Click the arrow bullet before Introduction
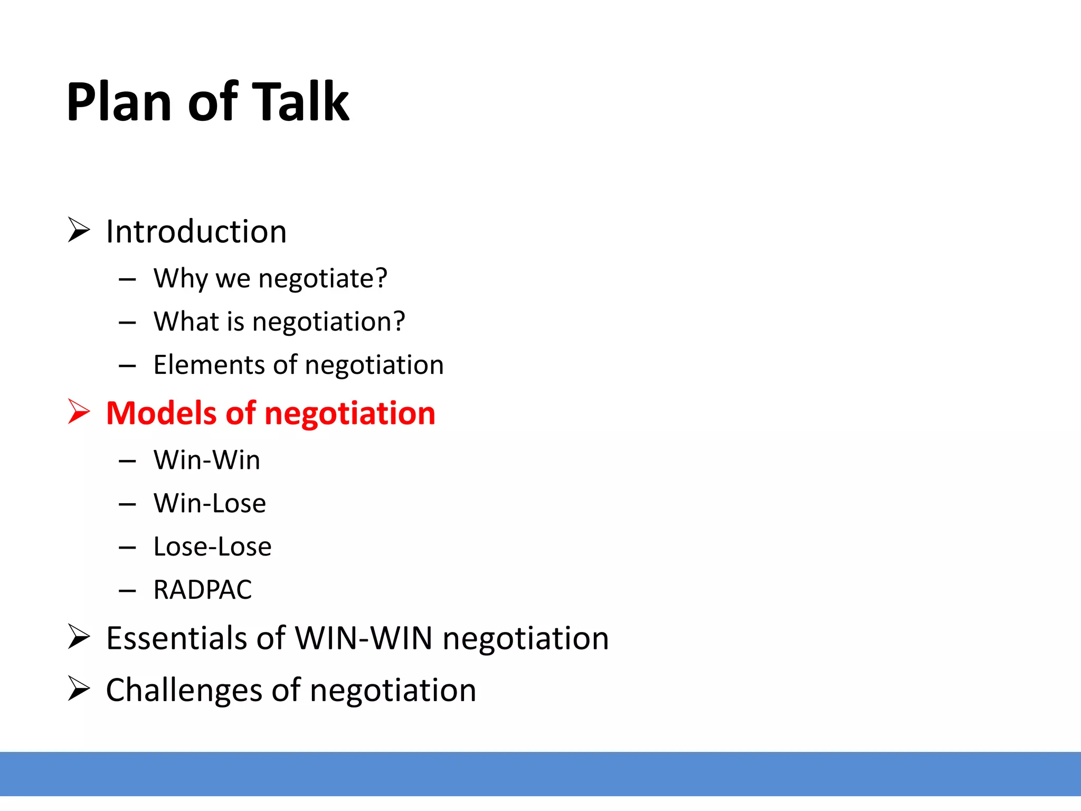point(79,230)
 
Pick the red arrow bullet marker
point(79,412)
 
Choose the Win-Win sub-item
point(207,460)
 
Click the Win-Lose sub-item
point(210,503)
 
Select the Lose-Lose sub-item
point(212,546)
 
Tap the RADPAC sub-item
point(203,590)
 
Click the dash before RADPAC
point(127,591)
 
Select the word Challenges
point(184,690)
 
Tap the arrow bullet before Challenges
point(79,689)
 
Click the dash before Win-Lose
point(127,505)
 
